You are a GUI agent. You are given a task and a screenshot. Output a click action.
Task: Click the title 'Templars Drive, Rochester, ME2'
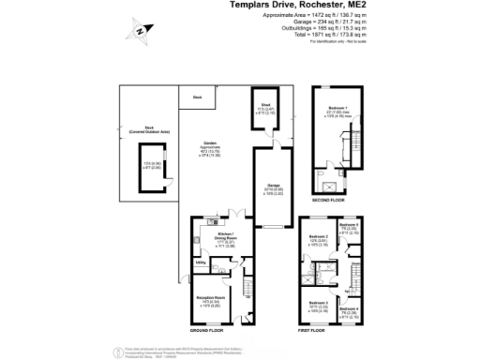click(x=297, y=6)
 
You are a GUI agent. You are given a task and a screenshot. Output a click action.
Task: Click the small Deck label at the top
click(x=197, y=97)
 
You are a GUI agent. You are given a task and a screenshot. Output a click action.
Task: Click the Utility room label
click(x=201, y=262)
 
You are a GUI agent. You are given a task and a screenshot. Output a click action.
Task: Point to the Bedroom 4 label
click(x=347, y=309)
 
